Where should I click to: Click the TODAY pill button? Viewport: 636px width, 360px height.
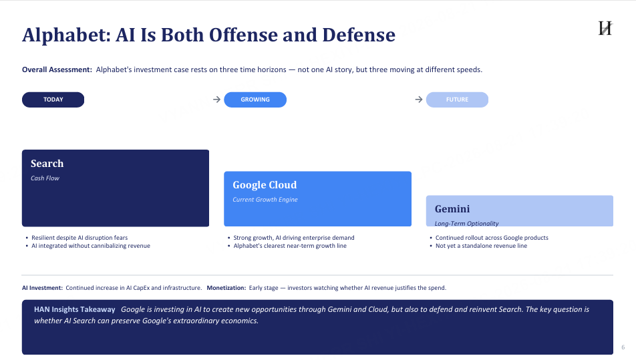[x=53, y=100]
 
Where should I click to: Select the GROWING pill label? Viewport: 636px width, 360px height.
[x=255, y=100]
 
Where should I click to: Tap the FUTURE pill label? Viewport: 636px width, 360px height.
[x=457, y=100]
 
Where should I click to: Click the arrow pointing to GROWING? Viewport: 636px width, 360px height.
[x=216, y=100]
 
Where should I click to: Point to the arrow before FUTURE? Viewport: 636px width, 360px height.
[x=419, y=100]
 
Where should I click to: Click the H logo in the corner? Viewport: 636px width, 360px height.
[x=605, y=28]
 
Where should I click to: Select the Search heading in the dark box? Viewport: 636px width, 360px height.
[x=47, y=164]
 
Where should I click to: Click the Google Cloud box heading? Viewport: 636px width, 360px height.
[x=265, y=185]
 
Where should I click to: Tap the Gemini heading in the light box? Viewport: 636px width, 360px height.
[x=452, y=209]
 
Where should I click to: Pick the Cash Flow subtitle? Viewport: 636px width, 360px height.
[x=45, y=178]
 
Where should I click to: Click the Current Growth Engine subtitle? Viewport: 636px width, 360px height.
[x=265, y=200]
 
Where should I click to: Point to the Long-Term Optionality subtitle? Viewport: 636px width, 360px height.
[x=467, y=224]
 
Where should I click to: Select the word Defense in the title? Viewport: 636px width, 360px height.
[x=359, y=35]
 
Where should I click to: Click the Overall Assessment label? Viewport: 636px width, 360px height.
[x=57, y=69]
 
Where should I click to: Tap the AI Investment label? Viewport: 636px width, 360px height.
[x=42, y=288]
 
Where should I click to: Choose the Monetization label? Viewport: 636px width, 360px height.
[x=226, y=288]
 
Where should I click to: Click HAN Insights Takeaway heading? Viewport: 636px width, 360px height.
[x=75, y=309]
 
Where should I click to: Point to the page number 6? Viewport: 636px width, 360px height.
[x=623, y=347]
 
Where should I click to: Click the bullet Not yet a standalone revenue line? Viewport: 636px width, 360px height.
[x=481, y=246]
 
